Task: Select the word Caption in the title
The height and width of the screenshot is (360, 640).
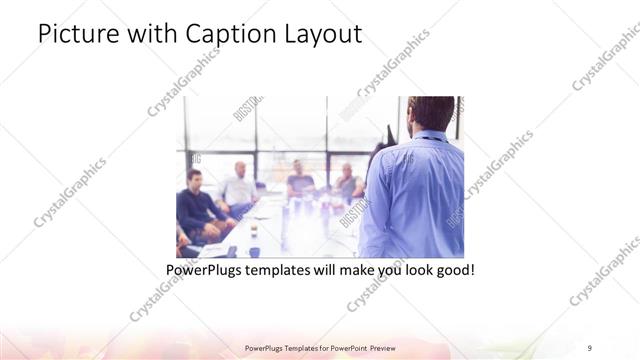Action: click(x=219, y=33)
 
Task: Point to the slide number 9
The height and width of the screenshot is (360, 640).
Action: click(x=590, y=347)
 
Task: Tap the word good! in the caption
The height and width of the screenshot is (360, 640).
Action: click(x=454, y=270)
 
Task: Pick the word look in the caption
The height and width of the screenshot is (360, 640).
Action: click(x=413, y=270)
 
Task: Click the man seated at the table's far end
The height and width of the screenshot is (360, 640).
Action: click(x=298, y=179)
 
